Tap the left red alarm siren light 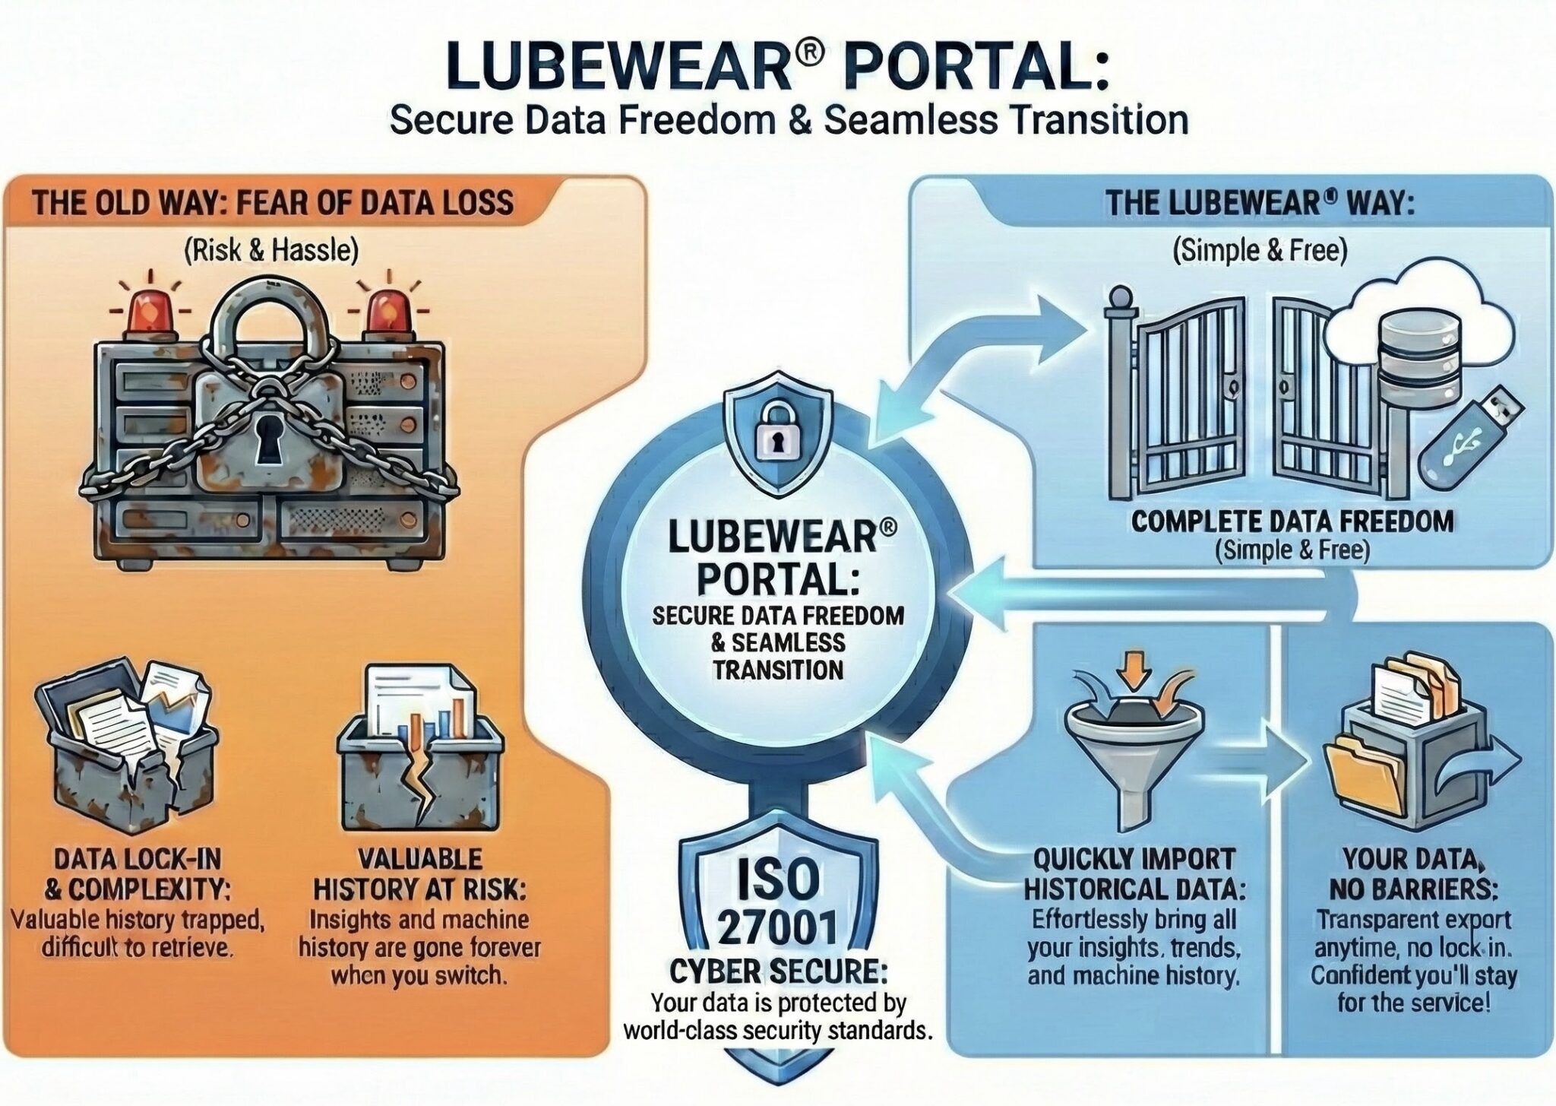coord(147,315)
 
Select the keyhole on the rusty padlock coord(268,439)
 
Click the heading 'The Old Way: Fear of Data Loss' coord(272,204)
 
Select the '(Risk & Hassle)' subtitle coord(271,250)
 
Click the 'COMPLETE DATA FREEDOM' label coord(1292,521)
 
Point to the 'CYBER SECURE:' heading coord(777,972)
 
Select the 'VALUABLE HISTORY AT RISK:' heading coord(419,873)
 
